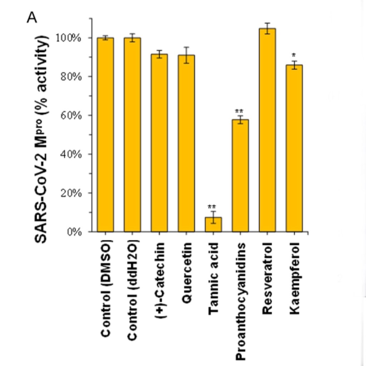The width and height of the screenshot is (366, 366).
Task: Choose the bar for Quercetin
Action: (x=186, y=143)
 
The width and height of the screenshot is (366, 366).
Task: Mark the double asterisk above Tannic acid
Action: (x=212, y=207)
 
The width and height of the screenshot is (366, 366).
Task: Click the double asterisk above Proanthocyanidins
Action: (x=239, y=111)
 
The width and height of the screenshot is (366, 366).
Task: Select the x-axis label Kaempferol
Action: (x=295, y=278)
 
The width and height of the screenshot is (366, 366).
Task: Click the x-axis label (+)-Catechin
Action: (x=159, y=281)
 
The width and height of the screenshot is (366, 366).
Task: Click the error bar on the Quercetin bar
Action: (x=186, y=55)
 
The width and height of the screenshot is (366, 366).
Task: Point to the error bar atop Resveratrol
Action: (x=267, y=28)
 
